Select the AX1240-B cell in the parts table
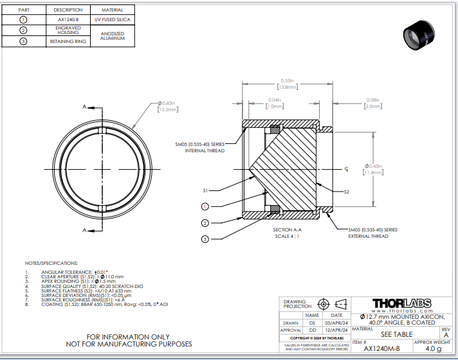[x=68, y=20]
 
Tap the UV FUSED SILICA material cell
[x=113, y=20]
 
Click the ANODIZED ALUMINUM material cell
[x=113, y=37]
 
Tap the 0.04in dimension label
[x=275, y=100]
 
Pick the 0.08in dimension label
[x=373, y=100]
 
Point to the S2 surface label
[x=346, y=192]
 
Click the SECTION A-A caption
[x=286, y=230]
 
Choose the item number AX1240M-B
[x=381, y=348]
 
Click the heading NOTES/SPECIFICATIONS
[x=51, y=264]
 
